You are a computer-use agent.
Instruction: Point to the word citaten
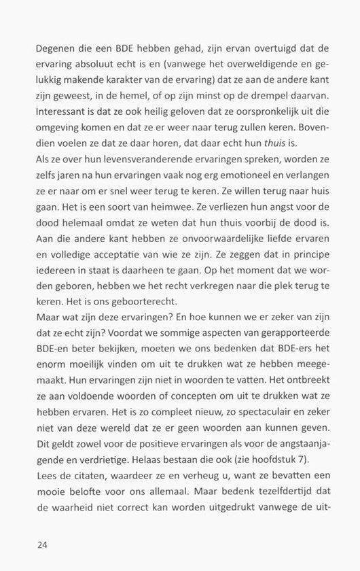(x=92, y=476)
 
